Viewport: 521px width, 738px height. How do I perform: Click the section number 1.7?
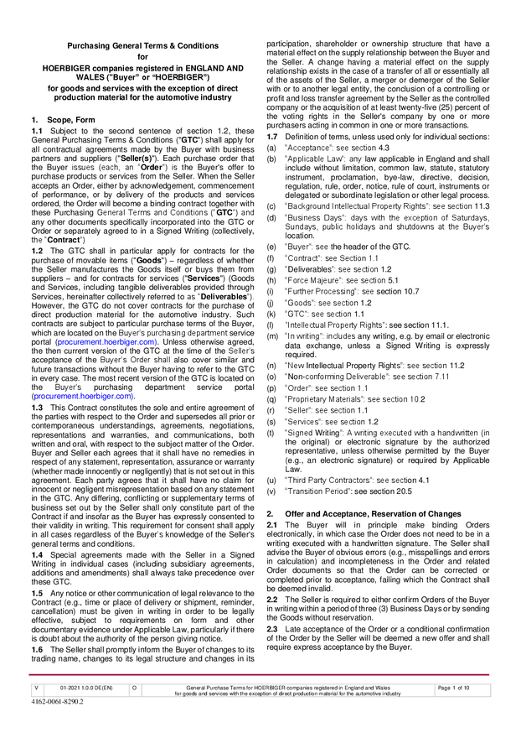272,136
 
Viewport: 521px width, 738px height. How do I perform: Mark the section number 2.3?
272,628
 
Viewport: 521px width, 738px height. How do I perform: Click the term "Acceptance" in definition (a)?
310,148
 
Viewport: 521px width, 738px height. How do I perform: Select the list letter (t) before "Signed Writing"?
271,434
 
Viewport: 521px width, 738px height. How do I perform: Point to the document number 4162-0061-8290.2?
58,702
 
